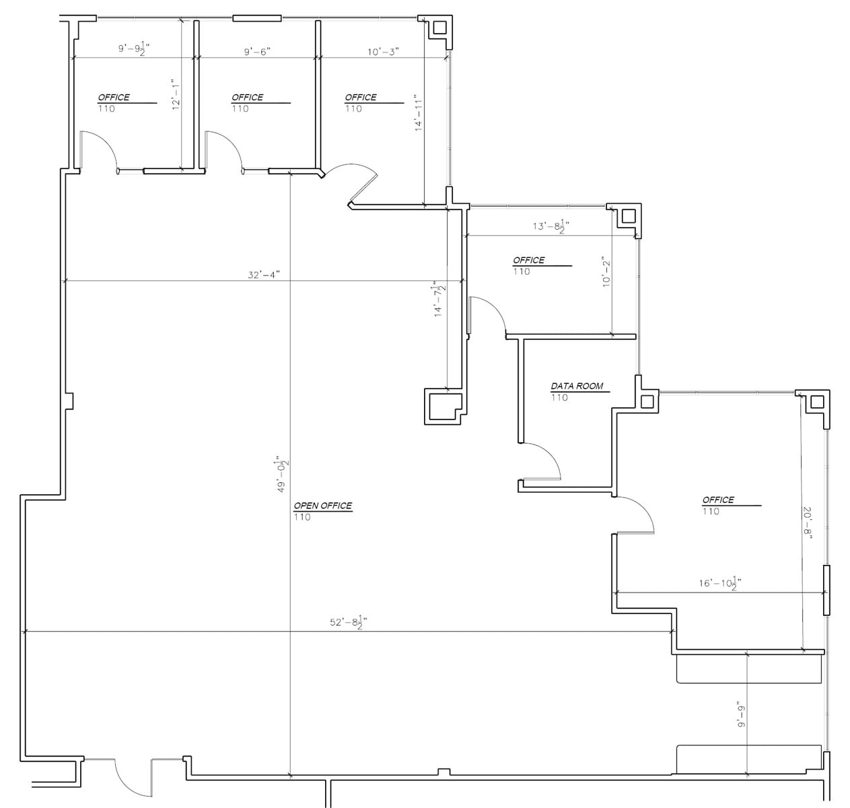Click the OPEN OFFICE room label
pos(322,506)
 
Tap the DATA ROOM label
pos(577,386)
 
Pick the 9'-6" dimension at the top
pos(257,50)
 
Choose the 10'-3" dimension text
pos(384,50)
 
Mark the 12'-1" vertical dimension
pos(176,95)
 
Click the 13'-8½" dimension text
pos(551,226)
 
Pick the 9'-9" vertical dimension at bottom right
pos(741,714)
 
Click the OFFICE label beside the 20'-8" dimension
pos(718,500)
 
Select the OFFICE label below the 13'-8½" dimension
pos(528,260)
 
